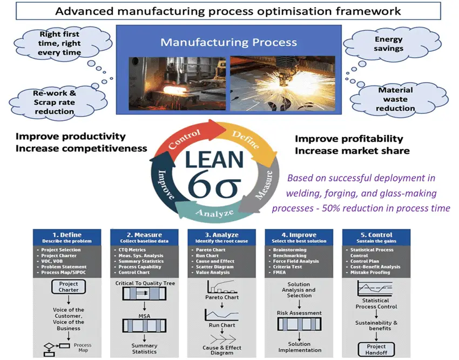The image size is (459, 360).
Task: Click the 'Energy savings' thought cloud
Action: click(x=388, y=44)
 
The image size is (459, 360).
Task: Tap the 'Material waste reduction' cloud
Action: click(x=396, y=99)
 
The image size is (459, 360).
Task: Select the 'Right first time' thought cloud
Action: click(x=59, y=43)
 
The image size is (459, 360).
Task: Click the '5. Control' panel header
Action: click(x=376, y=237)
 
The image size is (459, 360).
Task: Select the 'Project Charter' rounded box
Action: click(x=69, y=287)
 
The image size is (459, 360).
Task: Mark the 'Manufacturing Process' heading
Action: click(x=228, y=42)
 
